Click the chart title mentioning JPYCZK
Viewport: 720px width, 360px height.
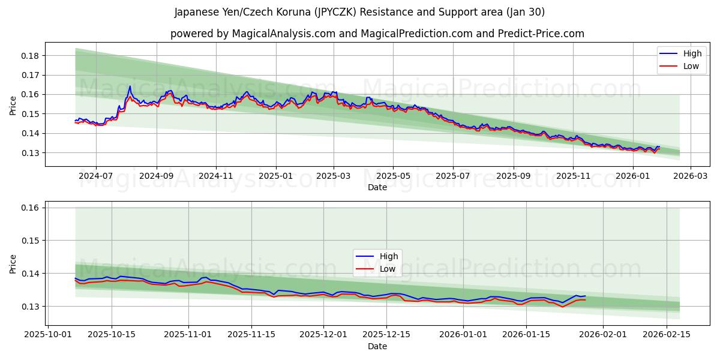point(359,12)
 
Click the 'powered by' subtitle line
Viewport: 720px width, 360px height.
point(377,34)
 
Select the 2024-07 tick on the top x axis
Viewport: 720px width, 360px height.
point(96,176)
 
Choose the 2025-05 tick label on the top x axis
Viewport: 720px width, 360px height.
point(393,176)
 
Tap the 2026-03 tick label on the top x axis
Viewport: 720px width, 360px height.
point(690,176)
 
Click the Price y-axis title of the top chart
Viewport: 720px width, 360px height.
point(13,104)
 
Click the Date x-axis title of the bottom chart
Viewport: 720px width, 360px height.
point(377,346)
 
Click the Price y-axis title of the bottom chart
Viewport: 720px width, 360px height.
point(13,263)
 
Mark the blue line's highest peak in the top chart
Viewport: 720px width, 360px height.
point(130,86)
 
